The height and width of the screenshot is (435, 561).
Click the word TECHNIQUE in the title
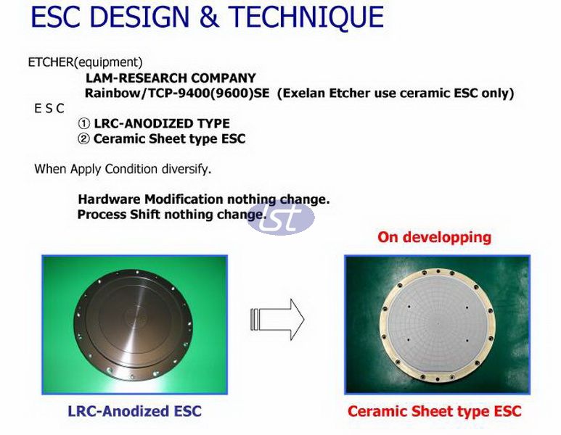tap(306, 17)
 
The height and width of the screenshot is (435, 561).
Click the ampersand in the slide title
tap(209, 17)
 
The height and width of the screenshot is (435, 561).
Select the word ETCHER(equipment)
tap(85, 62)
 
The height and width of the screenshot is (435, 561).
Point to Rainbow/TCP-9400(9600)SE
tap(177, 94)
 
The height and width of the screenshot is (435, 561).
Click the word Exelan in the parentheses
tap(303, 94)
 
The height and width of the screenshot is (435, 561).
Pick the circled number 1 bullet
tap(83, 124)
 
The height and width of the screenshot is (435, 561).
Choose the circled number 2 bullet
tap(83, 138)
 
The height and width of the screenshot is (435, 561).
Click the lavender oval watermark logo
tap(281, 217)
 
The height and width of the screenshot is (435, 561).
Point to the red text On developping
tap(434, 237)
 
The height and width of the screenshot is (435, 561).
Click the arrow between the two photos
tap(277, 319)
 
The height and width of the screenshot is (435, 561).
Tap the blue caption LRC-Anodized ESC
tap(134, 411)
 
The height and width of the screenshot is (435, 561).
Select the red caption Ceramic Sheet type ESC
tap(434, 411)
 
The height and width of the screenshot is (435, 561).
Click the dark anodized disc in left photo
tap(133, 325)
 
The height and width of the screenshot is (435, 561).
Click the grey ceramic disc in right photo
tap(437, 325)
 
